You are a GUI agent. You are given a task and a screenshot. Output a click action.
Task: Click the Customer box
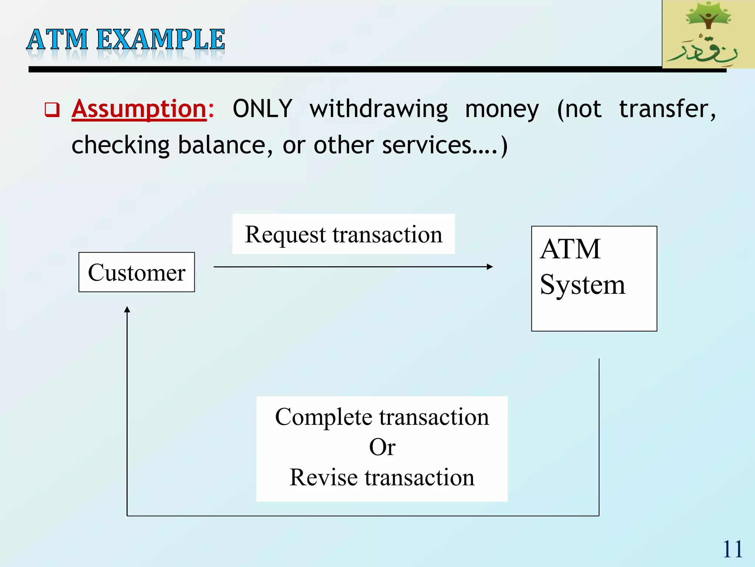click(x=136, y=272)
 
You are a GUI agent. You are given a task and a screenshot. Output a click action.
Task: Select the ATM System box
click(x=594, y=278)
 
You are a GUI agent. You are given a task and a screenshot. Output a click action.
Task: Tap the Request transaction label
click(x=343, y=234)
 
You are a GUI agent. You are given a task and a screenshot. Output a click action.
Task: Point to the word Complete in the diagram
click(x=324, y=417)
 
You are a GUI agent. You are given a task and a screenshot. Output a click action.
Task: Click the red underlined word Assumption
click(x=139, y=109)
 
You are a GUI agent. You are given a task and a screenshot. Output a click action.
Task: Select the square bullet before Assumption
click(x=52, y=110)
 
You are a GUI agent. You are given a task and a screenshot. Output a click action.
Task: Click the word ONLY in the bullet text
click(x=262, y=109)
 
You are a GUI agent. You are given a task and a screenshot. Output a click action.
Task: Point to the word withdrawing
click(x=379, y=110)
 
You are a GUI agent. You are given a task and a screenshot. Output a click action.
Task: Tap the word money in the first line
click(x=502, y=110)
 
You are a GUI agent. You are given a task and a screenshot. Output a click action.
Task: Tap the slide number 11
click(x=732, y=549)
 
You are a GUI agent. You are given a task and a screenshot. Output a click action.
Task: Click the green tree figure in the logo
click(x=708, y=17)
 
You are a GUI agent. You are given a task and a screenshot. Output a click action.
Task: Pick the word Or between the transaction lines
click(x=382, y=447)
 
